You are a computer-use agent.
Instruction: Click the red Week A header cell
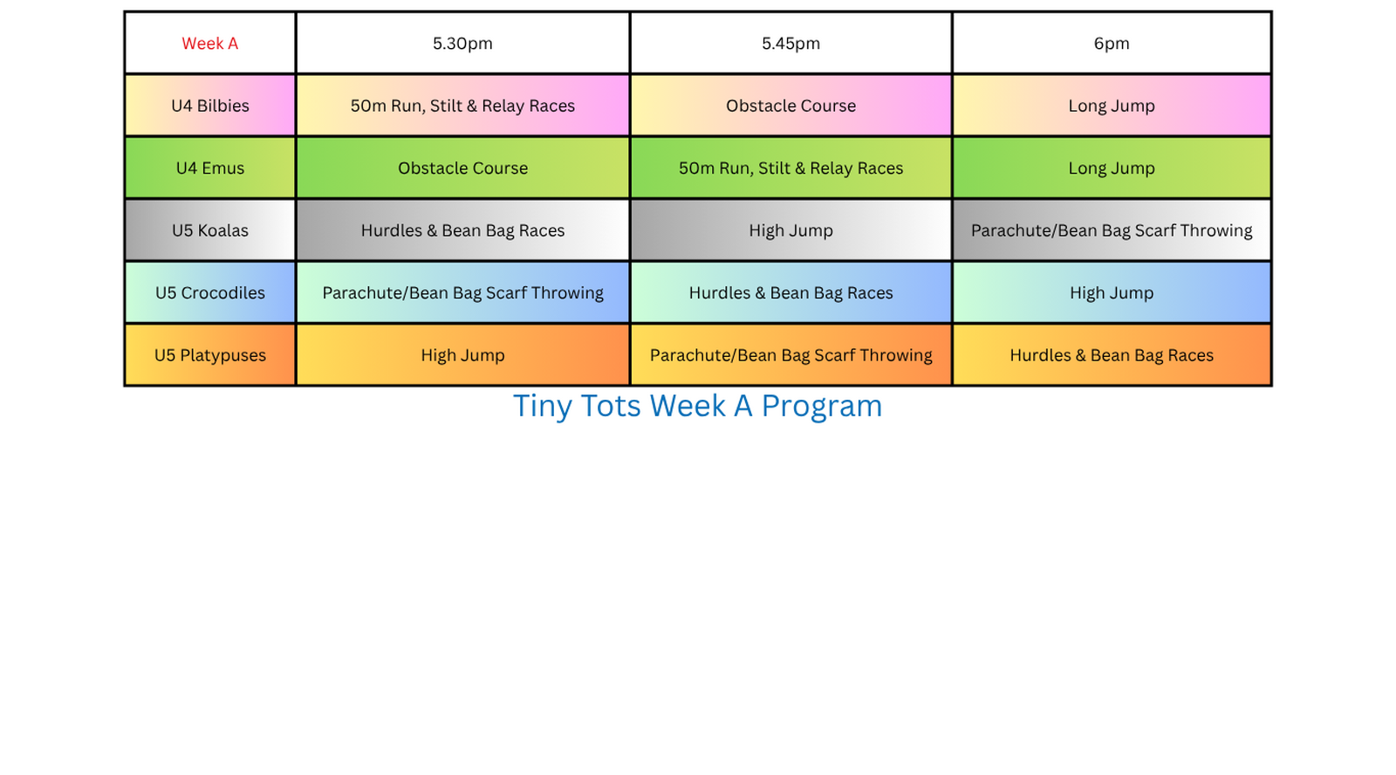(210, 43)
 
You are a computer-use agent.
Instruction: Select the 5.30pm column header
(462, 43)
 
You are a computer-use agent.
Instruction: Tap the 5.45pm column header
(790, 43)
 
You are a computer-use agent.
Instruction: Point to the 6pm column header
(1112, 43)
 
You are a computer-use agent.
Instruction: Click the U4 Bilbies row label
(210, 106)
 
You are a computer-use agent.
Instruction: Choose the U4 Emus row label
(210, 168)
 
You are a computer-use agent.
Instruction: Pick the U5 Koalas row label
(210, 230)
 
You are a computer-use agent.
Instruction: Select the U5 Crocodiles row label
(210, 292)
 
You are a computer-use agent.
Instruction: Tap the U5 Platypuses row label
(210, 354)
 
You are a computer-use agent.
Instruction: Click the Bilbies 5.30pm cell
(462, 106)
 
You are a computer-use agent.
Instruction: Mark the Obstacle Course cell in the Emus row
(462, 168)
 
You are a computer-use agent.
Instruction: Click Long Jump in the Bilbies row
(1112, 106)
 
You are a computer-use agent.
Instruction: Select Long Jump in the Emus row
(1112, 168)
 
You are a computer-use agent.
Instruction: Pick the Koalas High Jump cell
(790, 230)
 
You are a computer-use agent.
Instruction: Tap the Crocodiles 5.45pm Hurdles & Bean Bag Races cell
(790, 292)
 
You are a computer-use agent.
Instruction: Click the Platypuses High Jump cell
(462, 354)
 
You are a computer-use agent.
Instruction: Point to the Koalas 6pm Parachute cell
(1112, 230)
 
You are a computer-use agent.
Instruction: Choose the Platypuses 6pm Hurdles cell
(1112, 354)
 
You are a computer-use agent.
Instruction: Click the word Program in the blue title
(821, 408)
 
